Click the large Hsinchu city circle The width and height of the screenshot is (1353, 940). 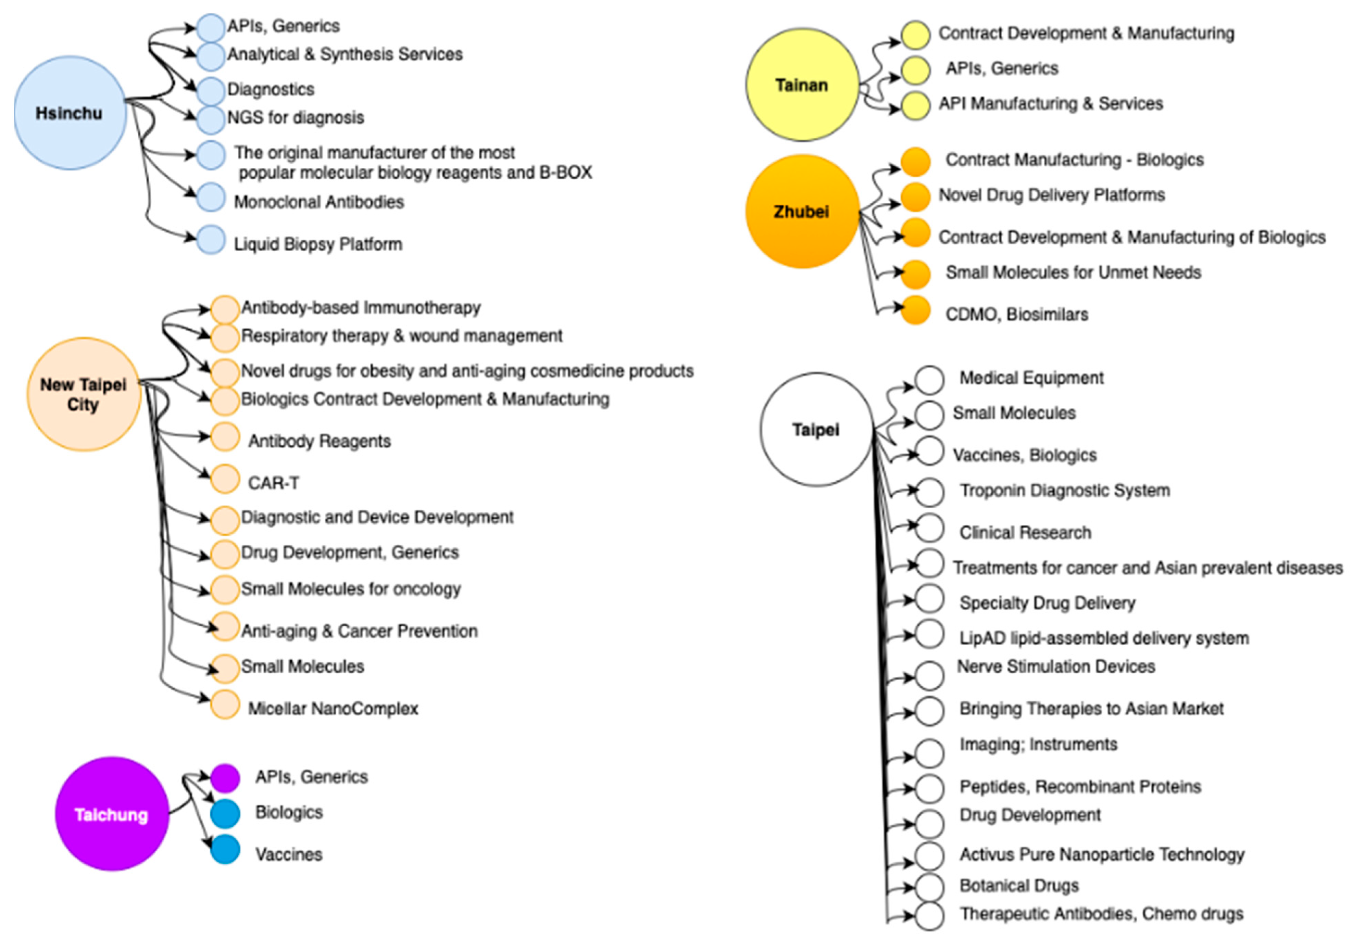[70, 113]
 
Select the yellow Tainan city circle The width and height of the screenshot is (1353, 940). [802, 85]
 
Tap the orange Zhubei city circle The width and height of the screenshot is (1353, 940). [802, 212]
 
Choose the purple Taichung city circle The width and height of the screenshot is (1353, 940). [111, 814]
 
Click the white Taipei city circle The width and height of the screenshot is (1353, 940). [816, 429]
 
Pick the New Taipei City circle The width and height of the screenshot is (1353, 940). [84, 394]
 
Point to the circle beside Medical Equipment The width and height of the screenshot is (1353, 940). [929, 380]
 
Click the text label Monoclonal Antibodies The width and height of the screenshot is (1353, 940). [319, 202]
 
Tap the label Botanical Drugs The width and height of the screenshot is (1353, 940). [1019, 885]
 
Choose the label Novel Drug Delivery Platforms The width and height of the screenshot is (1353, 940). [1051, 195]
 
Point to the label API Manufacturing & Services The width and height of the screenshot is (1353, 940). [1050, 104]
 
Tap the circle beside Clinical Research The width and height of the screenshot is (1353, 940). [929, 528]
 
